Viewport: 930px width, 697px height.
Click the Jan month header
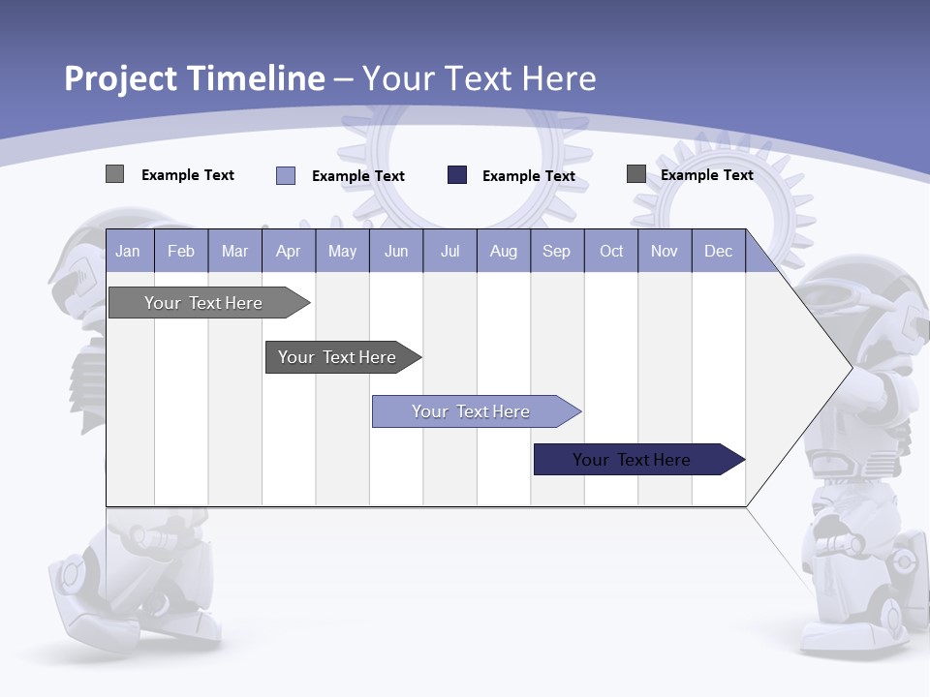pyautogui.click(x=128, y=251)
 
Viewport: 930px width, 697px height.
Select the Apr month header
pyautogui.click(x=289, y=251)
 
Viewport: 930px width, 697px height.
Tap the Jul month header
pyautogui.click(x=449, y=251)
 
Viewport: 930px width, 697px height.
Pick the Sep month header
pyautogui.click(x=556, y=251)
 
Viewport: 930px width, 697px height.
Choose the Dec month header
pyautogui.click(x=718, y=251)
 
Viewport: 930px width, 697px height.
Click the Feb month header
pyautogui.click(x=181, y=251)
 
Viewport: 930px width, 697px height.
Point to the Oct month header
pyautogui.click(x=611, y=251)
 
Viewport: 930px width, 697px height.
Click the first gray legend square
pyautogui.click(x=114, y=174)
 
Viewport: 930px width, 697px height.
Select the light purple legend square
pyautogui.click(x=286, y=175)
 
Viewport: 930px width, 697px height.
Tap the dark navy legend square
pyautogui.click(x=457, y=174)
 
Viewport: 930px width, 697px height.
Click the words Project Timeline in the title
pyautogui.click(x=195, y=78)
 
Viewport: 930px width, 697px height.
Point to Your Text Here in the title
pyautogui.click(x=480, y=78)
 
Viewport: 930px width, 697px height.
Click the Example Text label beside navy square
pyautogui.click(x=529, y=175)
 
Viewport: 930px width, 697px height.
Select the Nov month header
pyautogui.click(x=665, y=251)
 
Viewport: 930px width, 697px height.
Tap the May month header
pyautogui.click(x=342, y=251)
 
